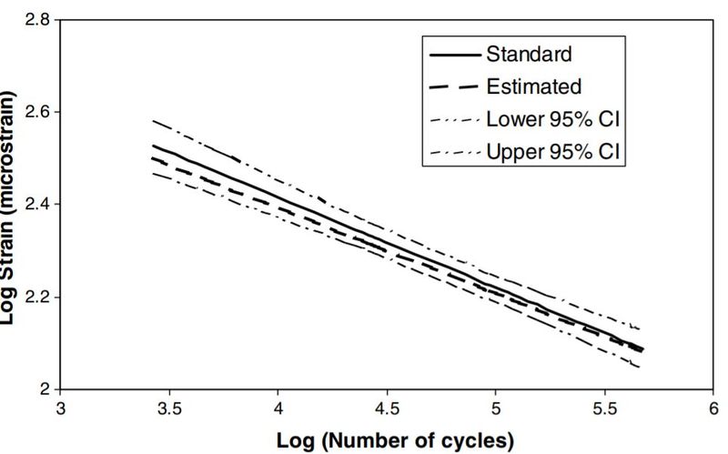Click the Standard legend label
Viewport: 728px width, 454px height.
tap(530, 54)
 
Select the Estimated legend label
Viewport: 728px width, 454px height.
tap(534, 86)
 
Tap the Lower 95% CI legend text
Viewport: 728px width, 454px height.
tap(553, 118)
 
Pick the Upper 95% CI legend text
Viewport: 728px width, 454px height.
tap(553, 150)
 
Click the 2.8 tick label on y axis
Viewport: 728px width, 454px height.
tap(37, 19)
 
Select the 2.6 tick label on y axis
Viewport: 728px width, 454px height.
tap(37, 112)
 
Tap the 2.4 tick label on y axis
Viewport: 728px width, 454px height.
tap(37, 205)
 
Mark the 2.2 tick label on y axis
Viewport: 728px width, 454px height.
tap(37, 298)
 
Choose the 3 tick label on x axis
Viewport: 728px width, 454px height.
tap(61, 409)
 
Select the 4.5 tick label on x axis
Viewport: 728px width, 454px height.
tap(387, 409)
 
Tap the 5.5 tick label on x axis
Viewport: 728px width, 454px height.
tap(604, 409)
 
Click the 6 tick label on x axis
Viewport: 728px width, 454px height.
tap(713, 409)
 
